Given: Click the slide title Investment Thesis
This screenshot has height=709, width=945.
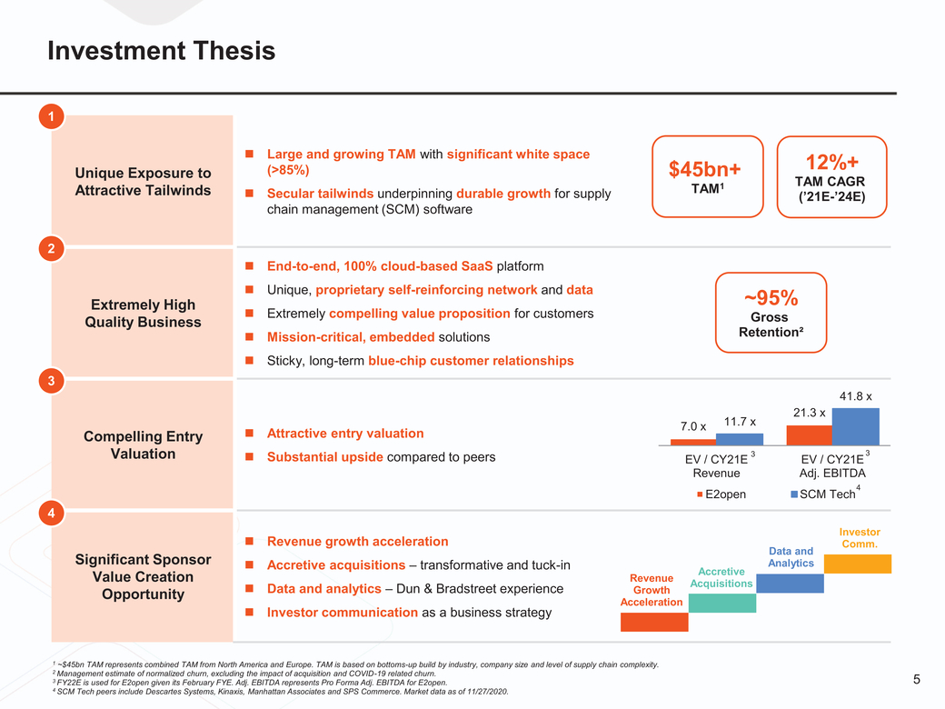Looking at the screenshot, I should pos(161,51).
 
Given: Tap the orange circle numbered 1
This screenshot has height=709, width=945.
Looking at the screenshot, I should pos(52,116).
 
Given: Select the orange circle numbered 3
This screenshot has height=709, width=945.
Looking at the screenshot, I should pos(52,380).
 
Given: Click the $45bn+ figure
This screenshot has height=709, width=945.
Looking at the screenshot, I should pos(705,169).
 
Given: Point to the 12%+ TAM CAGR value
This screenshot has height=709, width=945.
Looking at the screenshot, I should pos(831,162).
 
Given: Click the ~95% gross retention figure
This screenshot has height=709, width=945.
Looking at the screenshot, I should pos(771,298).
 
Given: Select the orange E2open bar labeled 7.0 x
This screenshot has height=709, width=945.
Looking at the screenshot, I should pos(693,442).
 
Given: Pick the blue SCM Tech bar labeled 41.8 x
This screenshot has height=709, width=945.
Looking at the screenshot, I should pos(855,426).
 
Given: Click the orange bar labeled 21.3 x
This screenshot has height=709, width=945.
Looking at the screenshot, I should pos(809,434).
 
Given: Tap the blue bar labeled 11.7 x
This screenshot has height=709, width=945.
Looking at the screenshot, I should pos(739,439).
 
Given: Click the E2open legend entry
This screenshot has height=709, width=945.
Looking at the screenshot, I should pos(721,494).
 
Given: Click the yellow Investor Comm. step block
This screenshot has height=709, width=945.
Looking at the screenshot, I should pos(858,564).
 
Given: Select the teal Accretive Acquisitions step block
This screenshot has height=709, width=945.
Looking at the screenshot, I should pos(721,603).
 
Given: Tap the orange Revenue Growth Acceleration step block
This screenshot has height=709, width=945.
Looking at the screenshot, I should pos(654,622).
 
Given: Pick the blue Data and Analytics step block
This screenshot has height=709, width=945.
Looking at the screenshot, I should pos(790,583).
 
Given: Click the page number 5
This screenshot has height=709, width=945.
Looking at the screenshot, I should pos(916,679).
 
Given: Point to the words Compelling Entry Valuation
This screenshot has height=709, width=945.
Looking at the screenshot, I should pos(143,445).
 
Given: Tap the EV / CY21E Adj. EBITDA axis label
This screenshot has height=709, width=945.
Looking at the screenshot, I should pos(831,466).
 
